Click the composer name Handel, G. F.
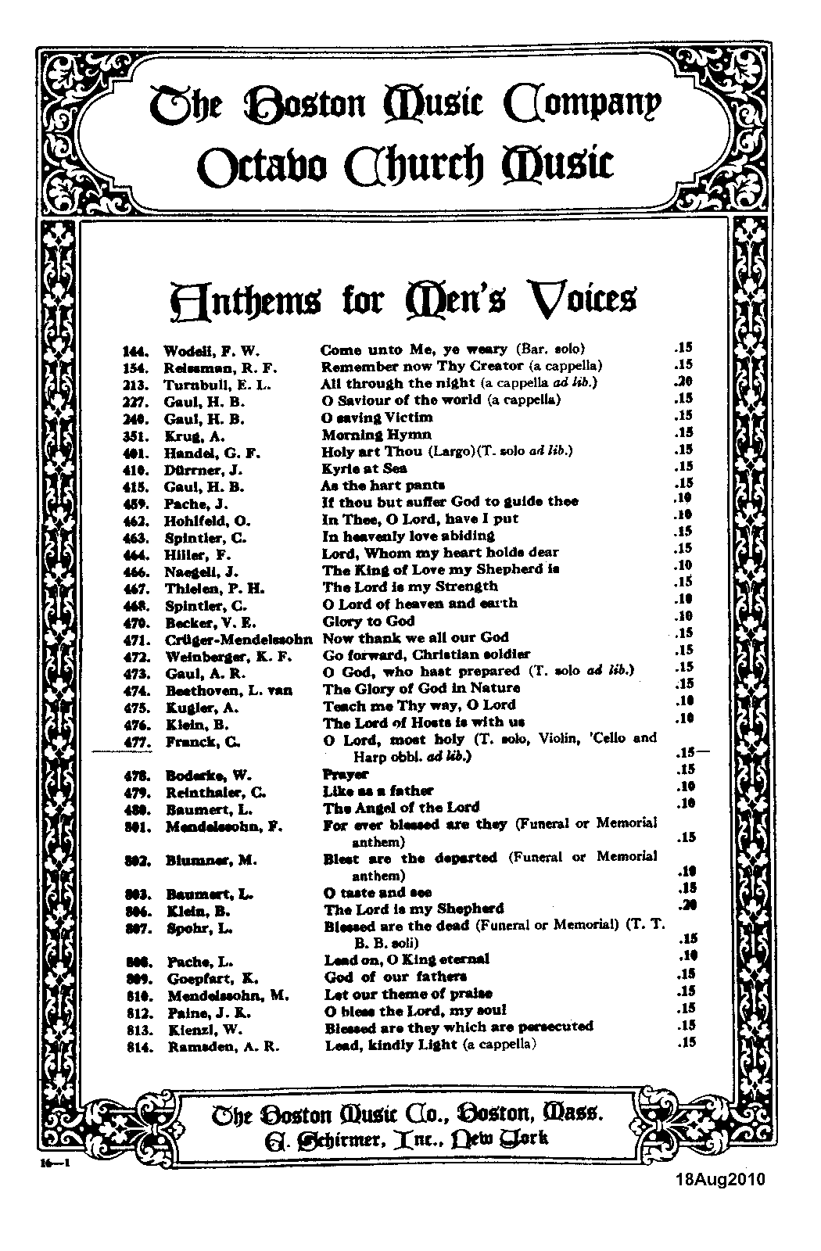point(211,453)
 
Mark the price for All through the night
point(684,382)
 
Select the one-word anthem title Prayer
point(345,774)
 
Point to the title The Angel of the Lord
point(401,808)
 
